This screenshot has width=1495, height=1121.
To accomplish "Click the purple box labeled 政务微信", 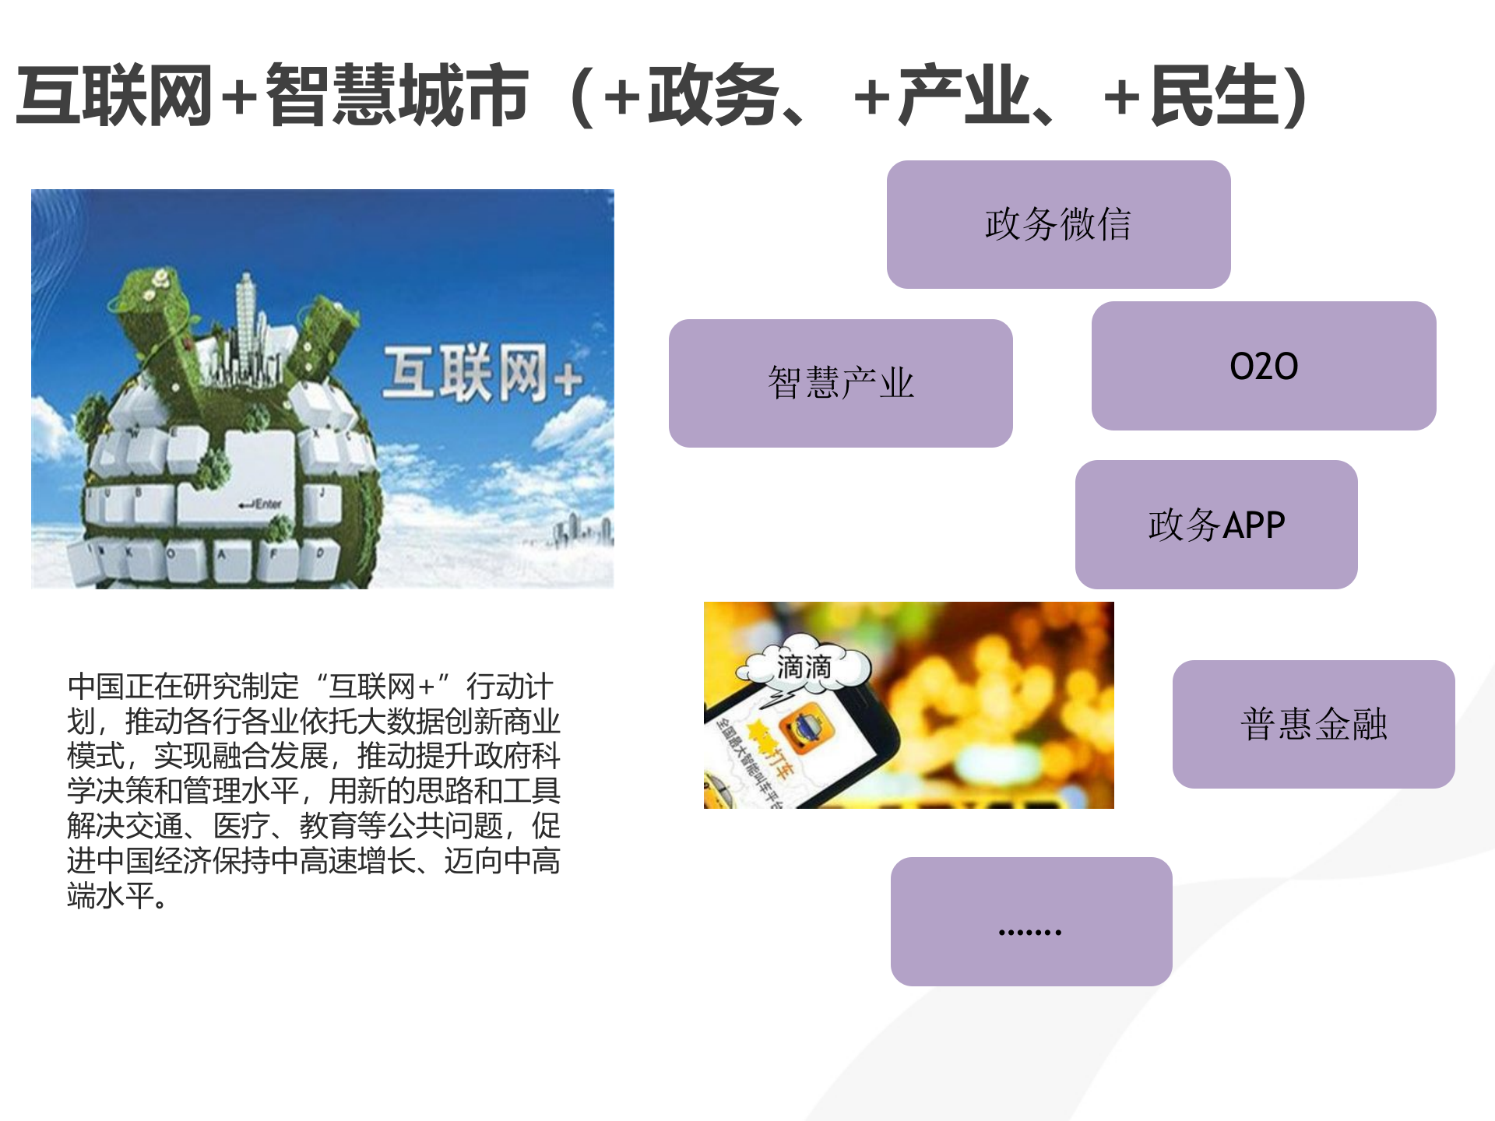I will point(1058,224).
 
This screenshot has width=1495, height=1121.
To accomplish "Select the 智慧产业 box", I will point(840,383).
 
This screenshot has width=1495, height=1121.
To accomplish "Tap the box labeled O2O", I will point(1263,366).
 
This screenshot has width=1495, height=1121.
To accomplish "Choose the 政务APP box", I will point(1215,525).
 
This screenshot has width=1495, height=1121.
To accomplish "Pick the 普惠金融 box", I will point(1313,724).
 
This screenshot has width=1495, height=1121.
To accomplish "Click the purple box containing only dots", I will point(1030,922).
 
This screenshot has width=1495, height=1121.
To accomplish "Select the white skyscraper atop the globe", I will point(247,319).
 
